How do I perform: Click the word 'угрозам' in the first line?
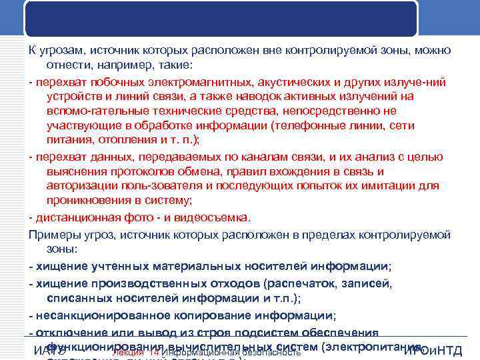pyautogui.click(x=61, y=51)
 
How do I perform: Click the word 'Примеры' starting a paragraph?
pyautogui.click(x=51, y=235)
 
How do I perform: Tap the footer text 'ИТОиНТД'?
pyautogui.click(x=442, y=349)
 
